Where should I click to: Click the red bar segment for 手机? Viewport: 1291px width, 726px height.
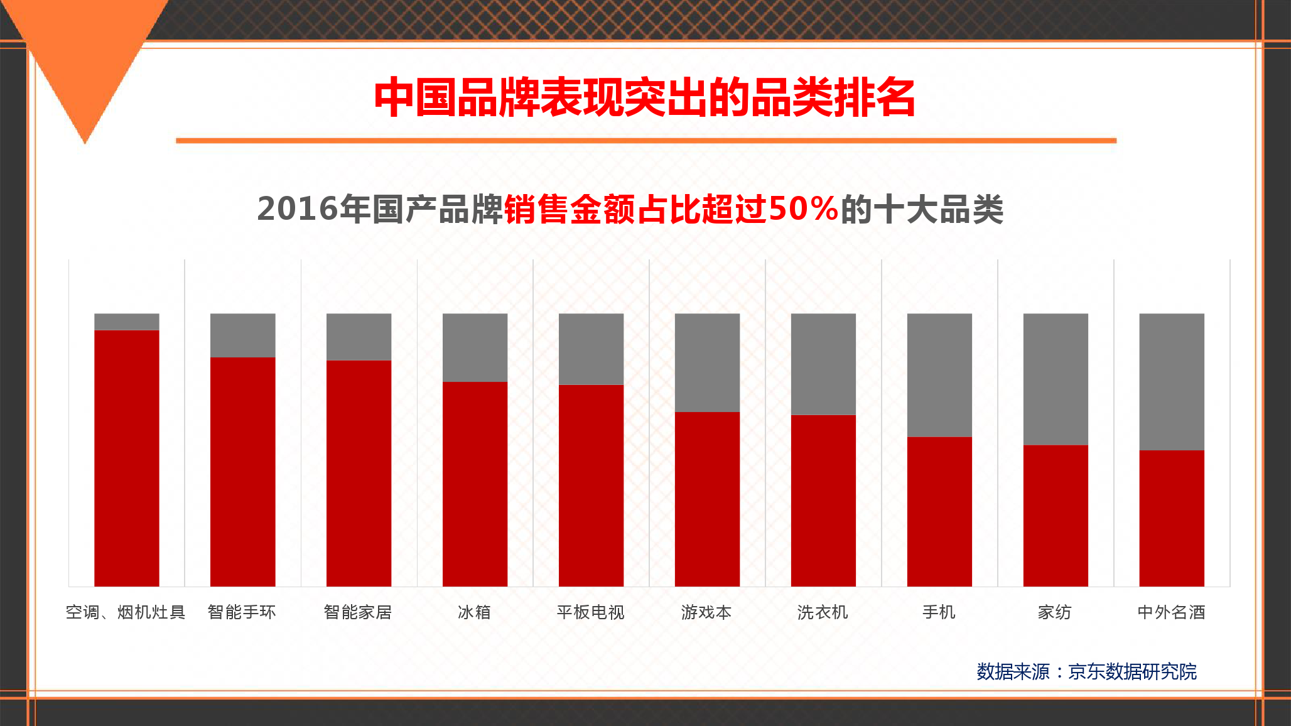pyautogui.click(x=939, y=511)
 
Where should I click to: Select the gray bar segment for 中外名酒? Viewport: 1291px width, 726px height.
pyautogui.click(x=1172, y=382)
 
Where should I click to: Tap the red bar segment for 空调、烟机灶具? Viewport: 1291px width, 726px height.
pyautogui.click(x=127, y=458)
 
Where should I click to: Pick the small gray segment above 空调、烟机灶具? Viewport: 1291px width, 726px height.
pyautogui.click(x=127, y=322)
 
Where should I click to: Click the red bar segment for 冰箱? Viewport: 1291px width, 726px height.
pyautogui.click(x=475, y=484)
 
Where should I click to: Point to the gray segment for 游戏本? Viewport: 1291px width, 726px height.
pyautogui.click(x=707, y=362)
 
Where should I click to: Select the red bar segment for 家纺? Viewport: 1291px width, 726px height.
pyautogui.click(x=1056, y=516)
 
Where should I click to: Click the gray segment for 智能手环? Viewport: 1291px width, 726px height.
pyautogui.click(x=243, y=335)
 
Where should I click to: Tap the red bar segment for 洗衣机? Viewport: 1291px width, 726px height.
pyautogui.click(x=823, y=501)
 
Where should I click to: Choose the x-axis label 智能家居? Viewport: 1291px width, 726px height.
pyautogui.click(x=358, y=612)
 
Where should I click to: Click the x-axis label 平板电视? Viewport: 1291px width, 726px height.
pyautogui.click(x=591, y=612)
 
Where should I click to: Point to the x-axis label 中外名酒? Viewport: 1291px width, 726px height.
pyautogui.click(x=1172, y=612)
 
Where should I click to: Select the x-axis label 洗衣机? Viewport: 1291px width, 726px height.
pyautogui.click(x=823, y=612)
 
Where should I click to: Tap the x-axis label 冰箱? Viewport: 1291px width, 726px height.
pyautogui.click(x=474, y=612)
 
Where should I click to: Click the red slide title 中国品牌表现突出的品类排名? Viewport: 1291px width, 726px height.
pyautogui.click(x=645, y=97)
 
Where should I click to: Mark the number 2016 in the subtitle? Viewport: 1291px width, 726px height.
pyautogui.click(x=298, y=209)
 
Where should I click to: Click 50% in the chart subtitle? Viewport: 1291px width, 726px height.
pyautogui.click(x=803, y=209)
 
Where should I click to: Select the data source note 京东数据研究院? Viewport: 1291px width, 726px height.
pyautogui.click(x=1133, y=671)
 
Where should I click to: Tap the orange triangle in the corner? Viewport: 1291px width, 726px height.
pyautogui.click(x=85, y=57)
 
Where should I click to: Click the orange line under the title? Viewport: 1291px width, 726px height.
pyautogui.click(x=646, y=141)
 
